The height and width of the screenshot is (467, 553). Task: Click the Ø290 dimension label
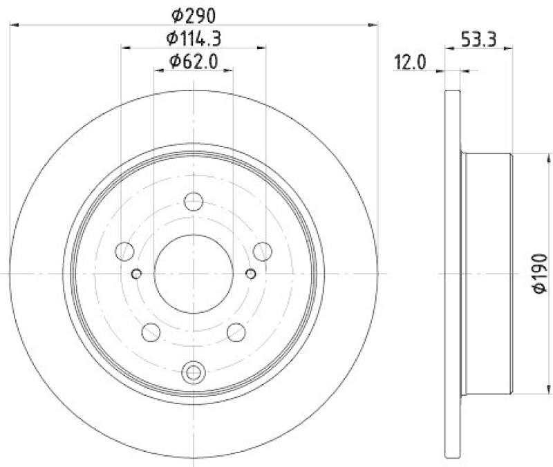tap(194, 15)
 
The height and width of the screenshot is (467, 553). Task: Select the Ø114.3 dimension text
tap(194, 39)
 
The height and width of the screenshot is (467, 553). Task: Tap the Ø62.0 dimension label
tap(194, 61)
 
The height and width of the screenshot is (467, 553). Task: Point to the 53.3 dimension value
tap(478, 39)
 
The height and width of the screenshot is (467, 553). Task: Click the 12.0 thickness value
tap(410, 63)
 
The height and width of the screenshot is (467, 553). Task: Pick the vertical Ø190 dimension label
tap(540, 273)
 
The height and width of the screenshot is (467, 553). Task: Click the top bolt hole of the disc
tap(194, 202)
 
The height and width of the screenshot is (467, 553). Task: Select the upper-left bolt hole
tap(124, 251)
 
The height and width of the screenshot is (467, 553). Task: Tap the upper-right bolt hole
tap(263, 251)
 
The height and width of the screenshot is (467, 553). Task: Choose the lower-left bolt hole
tap(151, 332)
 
